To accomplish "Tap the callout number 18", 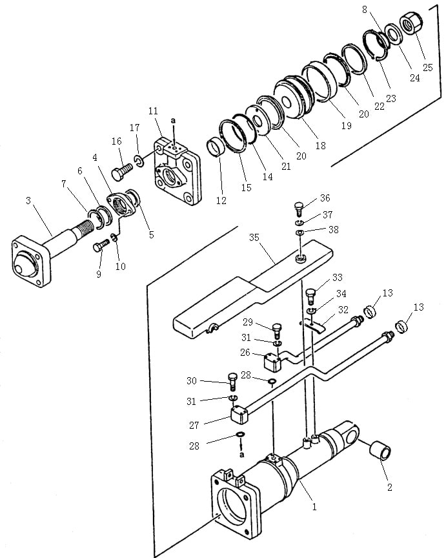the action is pos(320,145).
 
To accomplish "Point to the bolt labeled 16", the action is pos(122,171).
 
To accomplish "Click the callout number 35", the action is pos(254,238).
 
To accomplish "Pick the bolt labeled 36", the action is pos(299,207).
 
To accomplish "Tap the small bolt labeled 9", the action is pos(101,245).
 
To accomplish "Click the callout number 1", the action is pos(314,506).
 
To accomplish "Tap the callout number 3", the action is pos(28,201).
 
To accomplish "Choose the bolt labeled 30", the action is pos(232,382).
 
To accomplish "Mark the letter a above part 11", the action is pos(173,121).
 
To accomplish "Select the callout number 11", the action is pos(153,110).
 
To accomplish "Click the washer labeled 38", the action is pos(301,232).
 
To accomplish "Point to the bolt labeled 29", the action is pos(277,331).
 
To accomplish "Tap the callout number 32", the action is pos(343,309).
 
